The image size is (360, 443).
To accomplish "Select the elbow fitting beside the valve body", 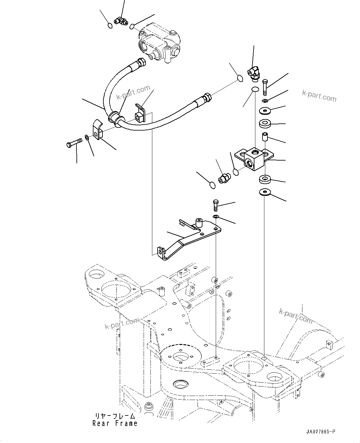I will tap(120, 21).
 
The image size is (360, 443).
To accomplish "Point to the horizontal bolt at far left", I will tap(74, 143).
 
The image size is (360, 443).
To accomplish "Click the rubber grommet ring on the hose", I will tap(115, 119).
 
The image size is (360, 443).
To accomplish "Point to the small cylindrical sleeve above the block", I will tap(265, 136).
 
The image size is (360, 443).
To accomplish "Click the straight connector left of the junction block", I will tap(223, 178).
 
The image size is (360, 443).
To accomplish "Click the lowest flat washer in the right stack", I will tap(264, 192).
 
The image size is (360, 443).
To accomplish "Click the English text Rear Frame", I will tap(115, 423).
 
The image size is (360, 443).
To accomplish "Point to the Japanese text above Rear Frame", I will tap(115, 416).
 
